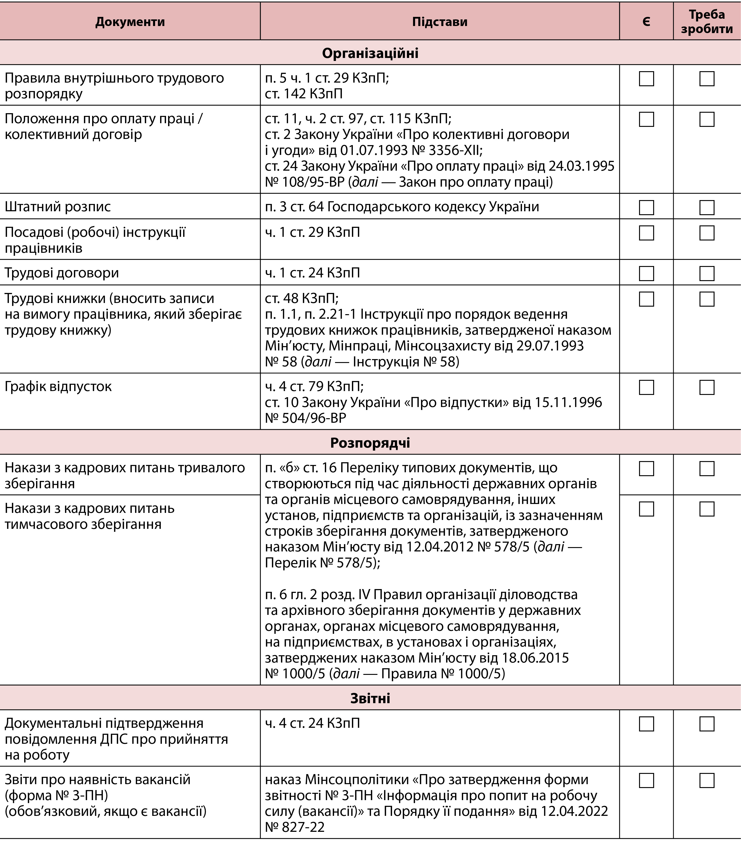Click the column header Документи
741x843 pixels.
tap(130, 21)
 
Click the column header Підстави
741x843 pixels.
tap(439, 21)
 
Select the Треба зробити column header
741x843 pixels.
tap(707, 21)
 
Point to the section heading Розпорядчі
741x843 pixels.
tap(370, 443)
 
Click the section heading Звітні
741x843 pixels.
tap(370, 698)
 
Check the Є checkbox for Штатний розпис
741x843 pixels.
tap(646, 207)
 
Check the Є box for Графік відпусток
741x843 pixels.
tap(646, 387)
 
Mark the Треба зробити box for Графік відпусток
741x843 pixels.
tap(707, 387)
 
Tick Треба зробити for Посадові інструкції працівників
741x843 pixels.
tap(707, 233)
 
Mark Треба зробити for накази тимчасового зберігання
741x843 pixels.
tap(707, 509)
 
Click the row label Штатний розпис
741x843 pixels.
tap(58, 207)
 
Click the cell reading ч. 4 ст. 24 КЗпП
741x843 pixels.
tap(312, 723)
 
